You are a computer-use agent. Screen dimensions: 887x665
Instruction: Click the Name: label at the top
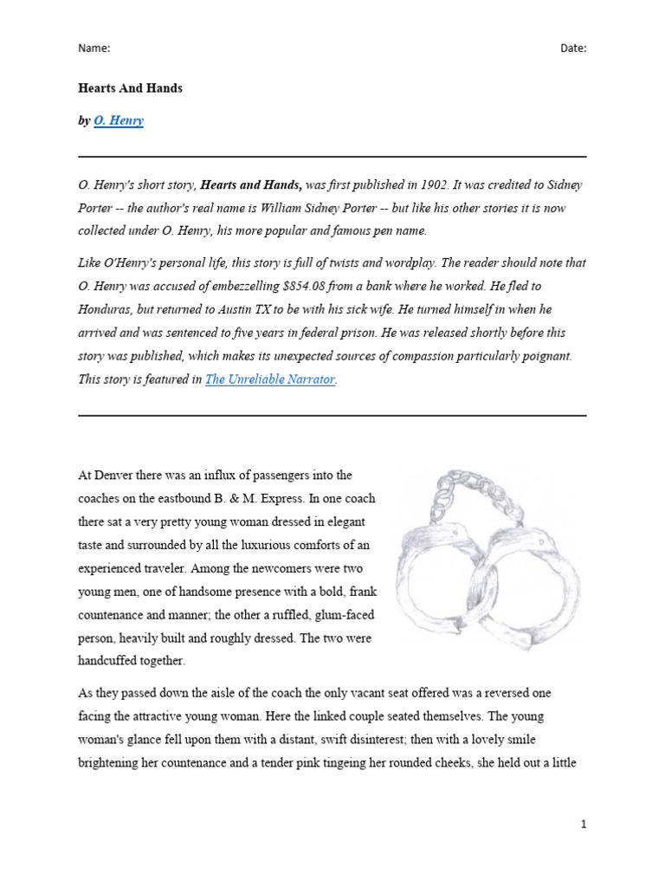point(94,49)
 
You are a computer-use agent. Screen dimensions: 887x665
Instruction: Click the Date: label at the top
point(572,49)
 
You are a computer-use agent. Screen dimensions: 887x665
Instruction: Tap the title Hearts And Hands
point(130,88)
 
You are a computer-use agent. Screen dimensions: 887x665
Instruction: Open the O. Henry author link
point(119,121)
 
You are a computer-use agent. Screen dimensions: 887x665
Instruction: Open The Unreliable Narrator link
point(269,379)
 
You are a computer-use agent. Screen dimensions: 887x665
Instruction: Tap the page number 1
point(584,825)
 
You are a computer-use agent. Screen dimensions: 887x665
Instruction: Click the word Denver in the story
point(113,476)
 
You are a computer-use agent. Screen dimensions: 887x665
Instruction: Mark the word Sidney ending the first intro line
point(563,185)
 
